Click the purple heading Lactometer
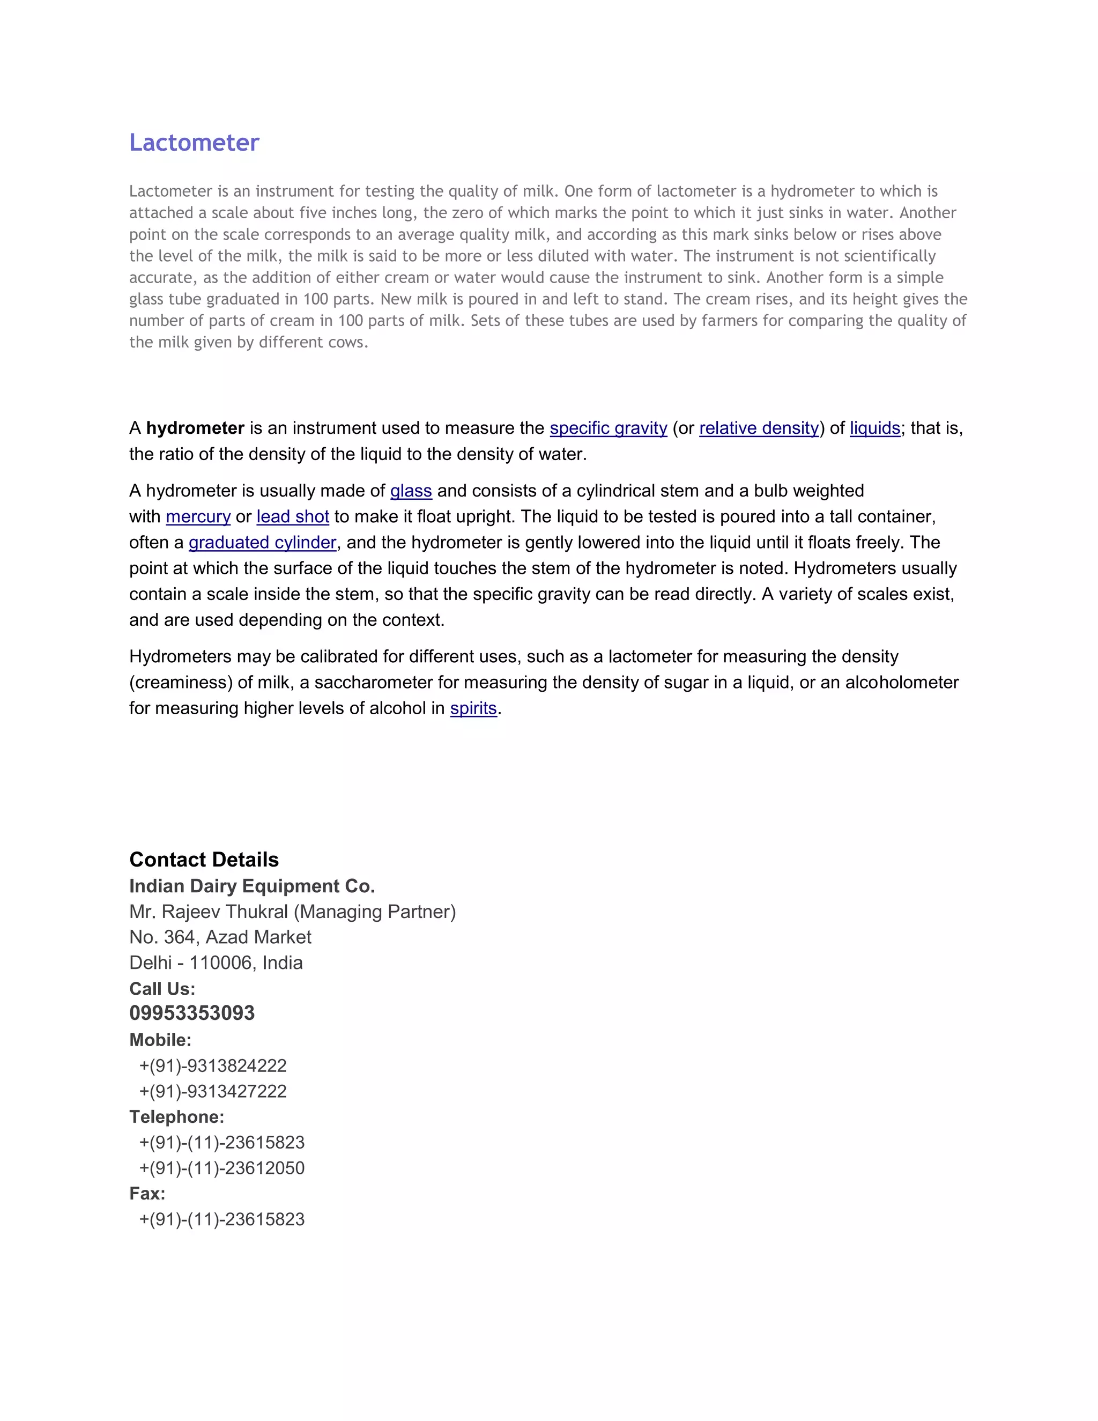click(x=194, y=143)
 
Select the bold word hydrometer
click(x=195, y=428)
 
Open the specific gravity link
click(x=608, y=428)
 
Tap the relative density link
click(x=759, y=428)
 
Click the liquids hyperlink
click(x=874, y=428)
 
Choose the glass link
click(x=411, y=491)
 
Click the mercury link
click(x=198, y=516)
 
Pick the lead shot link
click(x=293, y=516)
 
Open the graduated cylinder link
click(x=262, y=543)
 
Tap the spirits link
click(x=473, y=708)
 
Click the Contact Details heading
click(x=204, y=860)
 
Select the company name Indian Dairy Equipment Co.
click(x=252, y=886)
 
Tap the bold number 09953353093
click(x=192, y=1013)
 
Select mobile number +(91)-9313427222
click(x=213, y=1091)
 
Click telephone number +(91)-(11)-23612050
click(x=222, y=1168)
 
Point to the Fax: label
click(x=147, y=1193)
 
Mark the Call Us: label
click(x=162, y=989)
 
